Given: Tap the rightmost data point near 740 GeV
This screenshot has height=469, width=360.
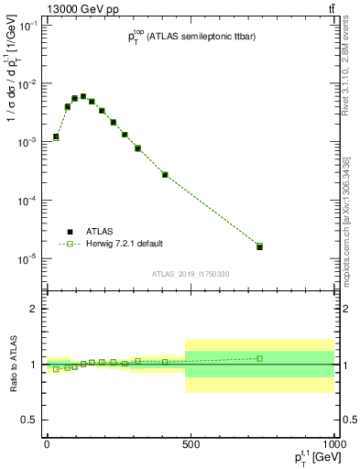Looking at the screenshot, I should pyautogui.click(x=259, y=246).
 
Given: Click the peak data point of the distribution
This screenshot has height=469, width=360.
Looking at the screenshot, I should pyautogui.click(x=83, y=96).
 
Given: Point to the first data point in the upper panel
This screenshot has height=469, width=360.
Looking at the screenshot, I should pyautogui.click(x=56, y=136).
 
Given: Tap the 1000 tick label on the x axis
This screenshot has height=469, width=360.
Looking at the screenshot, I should pyautogui.click(x=332, y=444).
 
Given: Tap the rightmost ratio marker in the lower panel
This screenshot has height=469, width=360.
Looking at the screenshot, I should pyautogui.click(x=259, y=358).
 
